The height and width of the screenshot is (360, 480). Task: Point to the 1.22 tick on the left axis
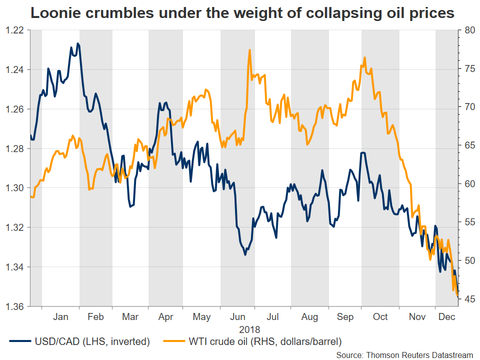click(x=17, y=30)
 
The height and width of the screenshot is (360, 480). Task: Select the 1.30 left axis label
click(x=17, y=188)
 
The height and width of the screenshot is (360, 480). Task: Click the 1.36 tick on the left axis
click(x=17, y=306)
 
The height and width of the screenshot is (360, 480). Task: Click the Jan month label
click(x=60, y=317)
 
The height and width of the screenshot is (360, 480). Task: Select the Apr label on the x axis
click(x=165, y=317)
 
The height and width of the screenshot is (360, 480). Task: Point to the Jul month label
click(x=272, y=317)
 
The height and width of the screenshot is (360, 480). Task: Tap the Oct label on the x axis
click(x=380, y=317)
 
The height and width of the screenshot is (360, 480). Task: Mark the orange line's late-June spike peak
click(x=249, y=50)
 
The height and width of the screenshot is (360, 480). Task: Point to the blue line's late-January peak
click(x=77, y=43)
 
